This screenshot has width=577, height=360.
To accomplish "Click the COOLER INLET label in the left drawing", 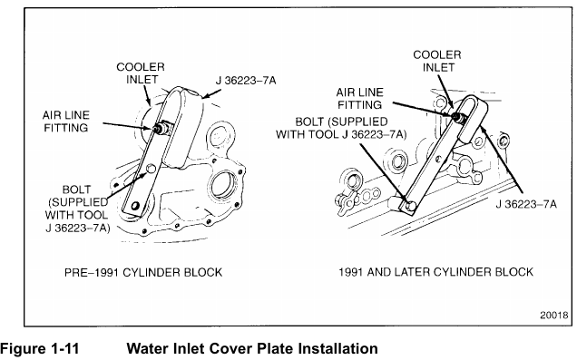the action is [x=141, y=73].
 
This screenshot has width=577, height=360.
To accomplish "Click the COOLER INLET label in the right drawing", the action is [x=437, y=61].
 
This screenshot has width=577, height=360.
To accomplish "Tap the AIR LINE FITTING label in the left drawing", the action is [x=66, y=122].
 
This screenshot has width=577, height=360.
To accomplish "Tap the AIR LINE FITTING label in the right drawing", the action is [x=360, y=99].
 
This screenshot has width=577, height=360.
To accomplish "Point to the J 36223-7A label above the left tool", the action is [x=246, y=81].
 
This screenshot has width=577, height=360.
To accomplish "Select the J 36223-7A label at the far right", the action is [x=526, y=204].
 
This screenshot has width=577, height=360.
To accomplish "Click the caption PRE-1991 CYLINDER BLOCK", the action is [x=143, y=272].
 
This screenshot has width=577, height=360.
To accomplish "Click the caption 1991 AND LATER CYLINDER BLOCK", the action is [x=435, y=272].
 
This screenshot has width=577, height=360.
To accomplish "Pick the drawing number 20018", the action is [x=554, y=316].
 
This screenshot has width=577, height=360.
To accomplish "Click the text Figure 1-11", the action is [x=40, y=348].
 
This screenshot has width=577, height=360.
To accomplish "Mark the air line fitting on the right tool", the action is [x=458, y=117].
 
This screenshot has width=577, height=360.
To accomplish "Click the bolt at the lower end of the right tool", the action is [x=410, y=206].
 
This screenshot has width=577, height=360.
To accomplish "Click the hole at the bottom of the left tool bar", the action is [x=135, y=206].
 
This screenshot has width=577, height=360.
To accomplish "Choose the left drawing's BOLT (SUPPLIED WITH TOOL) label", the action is [x=77, y=209].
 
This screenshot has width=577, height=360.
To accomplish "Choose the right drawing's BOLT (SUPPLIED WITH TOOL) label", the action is [x=341, y=128].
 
